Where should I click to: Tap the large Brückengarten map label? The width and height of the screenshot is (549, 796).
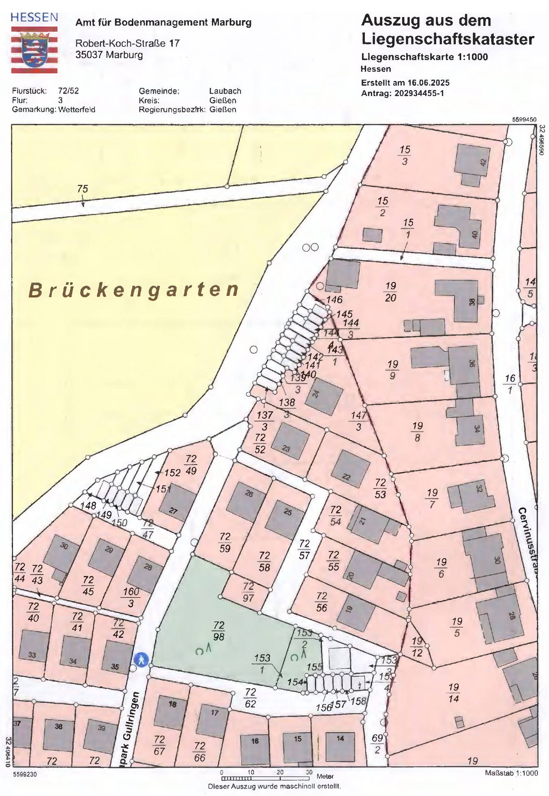134,290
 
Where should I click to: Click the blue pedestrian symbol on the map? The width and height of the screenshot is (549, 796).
142,660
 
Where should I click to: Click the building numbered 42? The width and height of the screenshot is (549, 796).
472,161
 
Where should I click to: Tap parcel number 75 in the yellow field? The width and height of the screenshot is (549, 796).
82,189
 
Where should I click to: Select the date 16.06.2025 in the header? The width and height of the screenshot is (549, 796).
428,83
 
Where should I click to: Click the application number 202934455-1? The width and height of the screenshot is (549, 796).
419,93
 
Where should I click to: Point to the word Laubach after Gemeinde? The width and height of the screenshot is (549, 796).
225,91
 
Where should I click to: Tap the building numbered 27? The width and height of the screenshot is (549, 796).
177,503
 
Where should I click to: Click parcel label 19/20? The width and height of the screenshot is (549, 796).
390,291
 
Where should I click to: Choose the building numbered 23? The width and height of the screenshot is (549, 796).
290,441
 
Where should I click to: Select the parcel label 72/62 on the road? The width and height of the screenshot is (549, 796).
250,698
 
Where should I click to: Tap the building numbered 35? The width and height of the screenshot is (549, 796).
117,662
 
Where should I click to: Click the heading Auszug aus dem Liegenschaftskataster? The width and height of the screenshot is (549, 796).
447,30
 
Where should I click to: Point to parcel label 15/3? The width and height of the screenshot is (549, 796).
405,155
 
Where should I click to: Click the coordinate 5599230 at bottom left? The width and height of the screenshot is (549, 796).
25,774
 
